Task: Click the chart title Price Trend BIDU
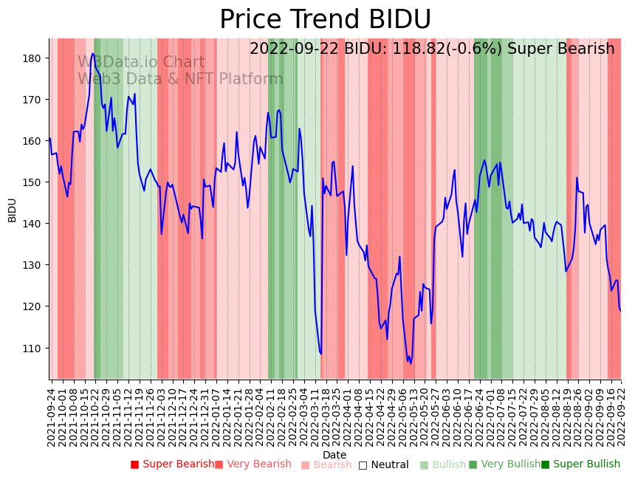point(325,19)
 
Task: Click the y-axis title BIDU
point(12,210)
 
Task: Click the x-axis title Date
point(334,455)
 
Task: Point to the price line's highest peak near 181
point(92,53)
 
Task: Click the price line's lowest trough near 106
point(411,363)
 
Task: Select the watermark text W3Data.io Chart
point(141,63)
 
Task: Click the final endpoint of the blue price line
point(620,311)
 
